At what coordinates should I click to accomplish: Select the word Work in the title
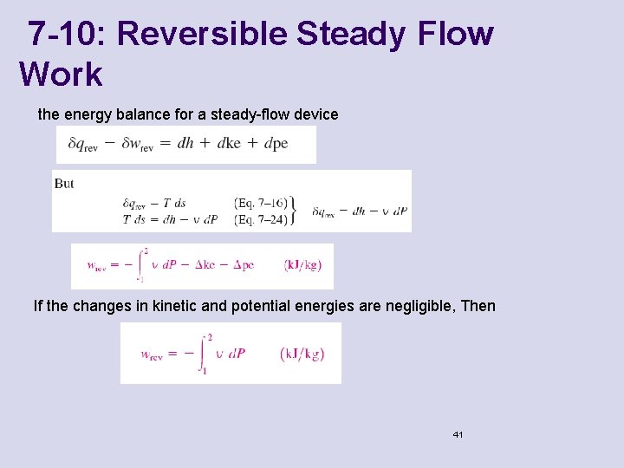(61, 75)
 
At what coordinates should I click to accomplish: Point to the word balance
(145, 114)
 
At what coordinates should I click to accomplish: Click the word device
(313, 114)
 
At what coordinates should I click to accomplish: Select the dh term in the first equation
(185, 144)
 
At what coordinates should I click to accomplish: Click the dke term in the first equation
(229, 144)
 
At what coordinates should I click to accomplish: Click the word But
(64, 184)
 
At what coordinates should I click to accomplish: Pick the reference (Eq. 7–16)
(261, 204)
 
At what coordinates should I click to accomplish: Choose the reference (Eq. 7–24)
(261, 219)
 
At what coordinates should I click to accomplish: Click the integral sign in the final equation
(205, 353)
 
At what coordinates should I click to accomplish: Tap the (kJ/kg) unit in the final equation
(302, 354)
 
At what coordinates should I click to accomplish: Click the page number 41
(458, 433)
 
